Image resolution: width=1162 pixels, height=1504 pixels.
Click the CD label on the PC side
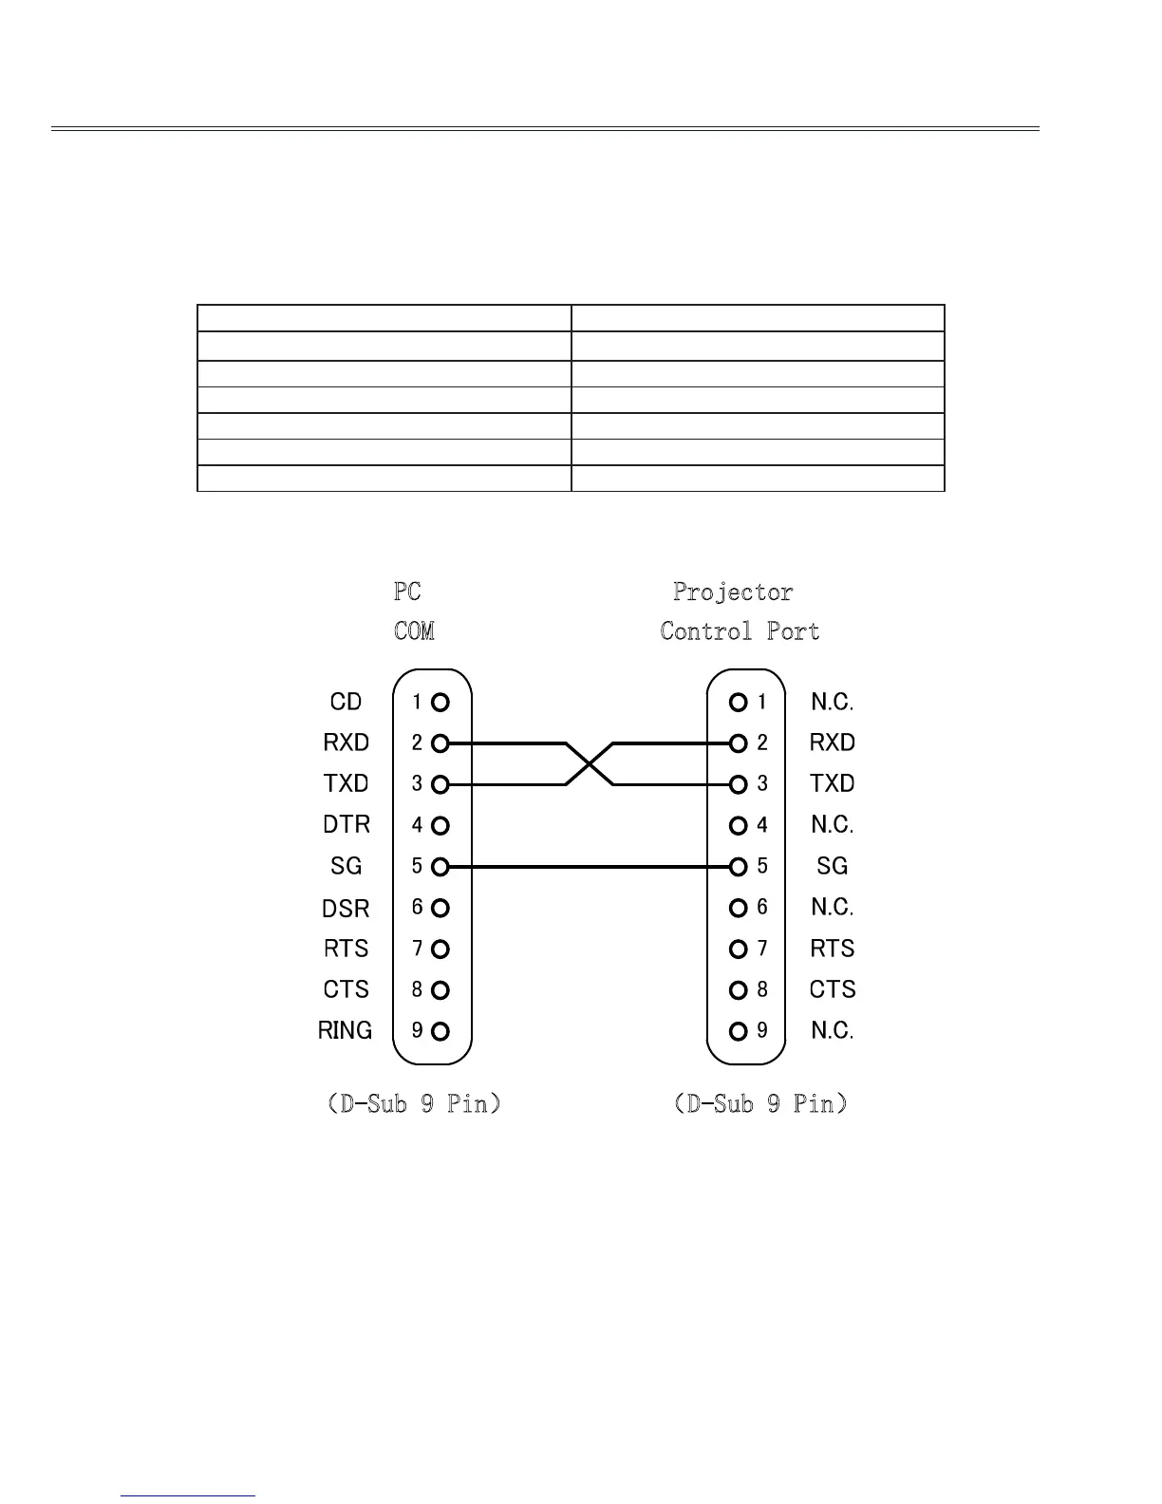click(x=346, y=702)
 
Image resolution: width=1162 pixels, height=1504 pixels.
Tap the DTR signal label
click(x=347, y=824)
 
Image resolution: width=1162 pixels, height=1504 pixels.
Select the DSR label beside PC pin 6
click(x=346, y=909)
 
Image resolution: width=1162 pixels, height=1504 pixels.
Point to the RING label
click(x=346, y=1030)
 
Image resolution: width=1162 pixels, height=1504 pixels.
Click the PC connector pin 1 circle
click(x=440, y=703)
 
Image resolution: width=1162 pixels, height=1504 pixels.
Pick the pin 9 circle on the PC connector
click(x=440, y=1031)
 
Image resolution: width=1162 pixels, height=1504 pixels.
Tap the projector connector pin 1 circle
click(x=738, y=703)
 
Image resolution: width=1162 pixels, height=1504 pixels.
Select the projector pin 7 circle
click(x=738, y=949)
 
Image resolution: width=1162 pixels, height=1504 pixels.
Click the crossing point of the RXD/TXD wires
click(x=590, y=763)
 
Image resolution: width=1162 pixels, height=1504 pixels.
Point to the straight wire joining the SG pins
click(x=589, y=867)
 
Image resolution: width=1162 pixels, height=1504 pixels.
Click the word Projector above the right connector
click(x=733, y=592)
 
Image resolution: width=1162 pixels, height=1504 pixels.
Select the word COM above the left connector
click(x=414, y=631)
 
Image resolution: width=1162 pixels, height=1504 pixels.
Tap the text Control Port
click(x=740, y=631)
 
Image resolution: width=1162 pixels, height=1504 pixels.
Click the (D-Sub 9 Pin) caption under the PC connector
click(x=413, y=1103)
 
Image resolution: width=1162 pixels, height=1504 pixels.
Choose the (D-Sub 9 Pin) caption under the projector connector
click(x=760, y=1103)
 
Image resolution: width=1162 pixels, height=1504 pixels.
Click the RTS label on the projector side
click(x=832, y=949)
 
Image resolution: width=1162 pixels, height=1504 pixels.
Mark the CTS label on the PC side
click(x=346, y=989)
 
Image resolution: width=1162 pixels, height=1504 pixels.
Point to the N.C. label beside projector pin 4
click(x=832, y=825)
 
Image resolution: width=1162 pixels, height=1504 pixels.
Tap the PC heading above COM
click(x=407, y=592)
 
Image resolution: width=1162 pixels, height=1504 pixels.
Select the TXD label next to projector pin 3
click(x=832, y=783)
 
